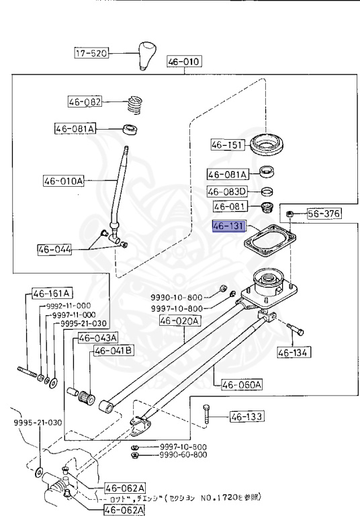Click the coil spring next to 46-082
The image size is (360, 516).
136,105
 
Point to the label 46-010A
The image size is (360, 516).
64,181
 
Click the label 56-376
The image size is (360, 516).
324,214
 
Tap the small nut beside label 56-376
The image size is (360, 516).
289,214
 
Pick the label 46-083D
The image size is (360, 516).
227,191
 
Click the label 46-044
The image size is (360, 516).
55,250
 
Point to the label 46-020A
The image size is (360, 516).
179,321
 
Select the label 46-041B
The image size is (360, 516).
113,351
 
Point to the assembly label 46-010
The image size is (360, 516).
183,62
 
